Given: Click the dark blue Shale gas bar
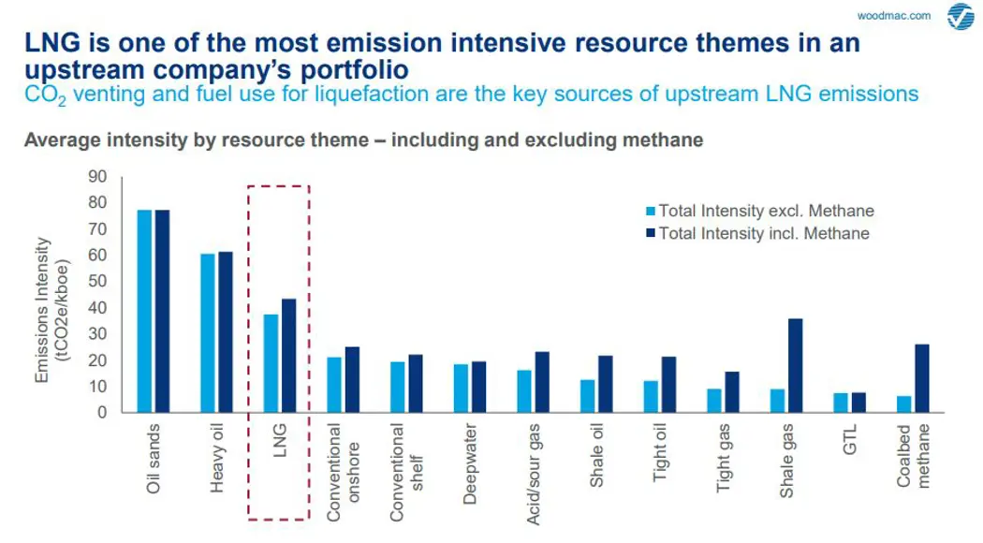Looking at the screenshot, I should (x=795, y=365).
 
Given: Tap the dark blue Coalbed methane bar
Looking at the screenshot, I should (x=922, y=378).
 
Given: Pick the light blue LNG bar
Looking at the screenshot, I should (x=271, y=363).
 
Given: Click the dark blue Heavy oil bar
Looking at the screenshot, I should (x=225, y=331).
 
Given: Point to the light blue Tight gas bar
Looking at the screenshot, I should (x=714, y=400).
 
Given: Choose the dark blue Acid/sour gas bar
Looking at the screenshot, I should (x=541, y=382).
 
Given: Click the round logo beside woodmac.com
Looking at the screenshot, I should (x=961, y=17).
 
